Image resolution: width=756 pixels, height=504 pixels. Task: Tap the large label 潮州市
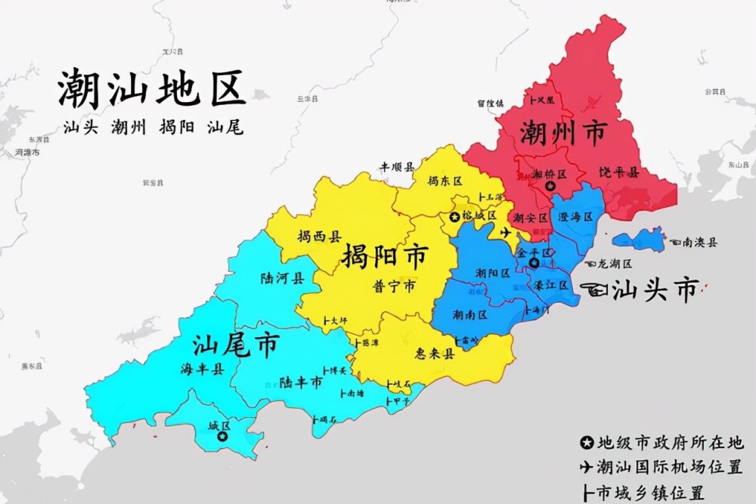(x=562, y=135)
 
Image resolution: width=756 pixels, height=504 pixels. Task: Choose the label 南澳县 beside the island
(x=699, y=243)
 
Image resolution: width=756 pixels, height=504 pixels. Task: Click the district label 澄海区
(x=576, y=217)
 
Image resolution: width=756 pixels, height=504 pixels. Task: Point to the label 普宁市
(x=394, y=286)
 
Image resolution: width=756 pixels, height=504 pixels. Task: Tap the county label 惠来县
(x=434, y=354)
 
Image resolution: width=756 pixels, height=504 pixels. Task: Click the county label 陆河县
(x=281, y=278)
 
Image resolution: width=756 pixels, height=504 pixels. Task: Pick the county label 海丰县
(x=200, y=369)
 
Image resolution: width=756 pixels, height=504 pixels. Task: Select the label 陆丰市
(x=300, y=383)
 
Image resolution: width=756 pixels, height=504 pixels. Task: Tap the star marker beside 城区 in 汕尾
(x=222, y=436)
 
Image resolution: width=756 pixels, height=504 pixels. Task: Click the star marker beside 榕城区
(x=454, y=217)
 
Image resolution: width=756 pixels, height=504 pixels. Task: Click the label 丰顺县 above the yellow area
(x=397, y=166)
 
